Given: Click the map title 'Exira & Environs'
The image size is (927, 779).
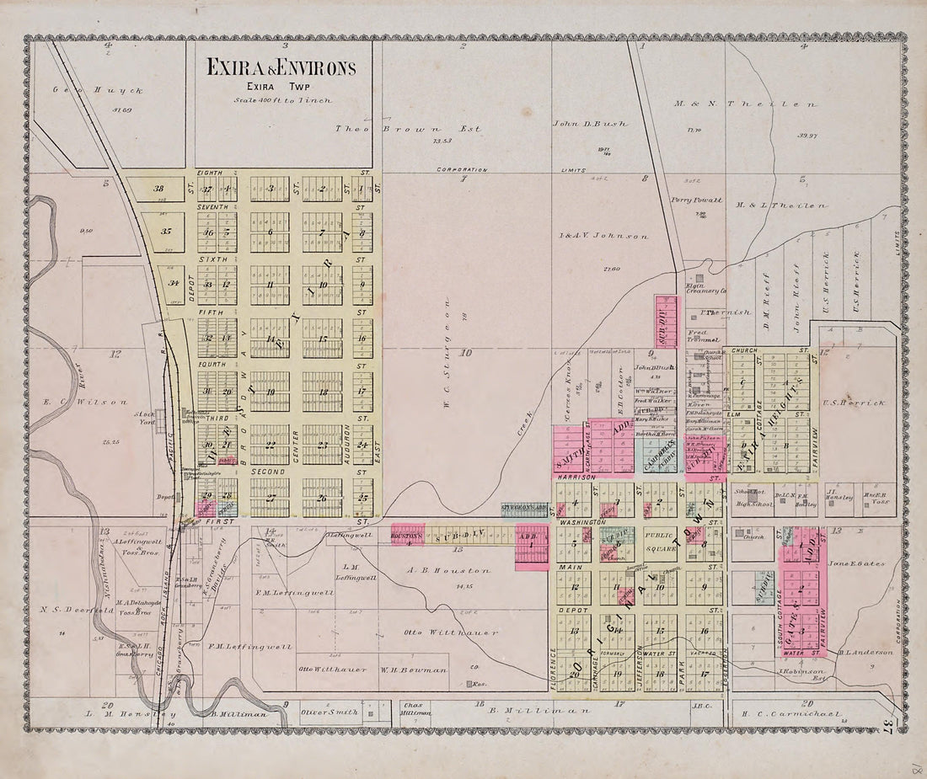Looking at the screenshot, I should click(x=281, y=68).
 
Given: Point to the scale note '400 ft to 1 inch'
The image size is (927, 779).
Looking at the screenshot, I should click(x=283, y=100).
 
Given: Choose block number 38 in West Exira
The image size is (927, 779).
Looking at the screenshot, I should click(x=157, y=189).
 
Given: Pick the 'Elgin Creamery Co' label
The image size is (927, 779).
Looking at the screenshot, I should click(x=705, y=291).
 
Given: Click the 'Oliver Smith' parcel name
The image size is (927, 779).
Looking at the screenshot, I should click(x=330, y=712).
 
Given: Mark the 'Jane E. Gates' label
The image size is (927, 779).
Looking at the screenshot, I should click(x=856, y=563).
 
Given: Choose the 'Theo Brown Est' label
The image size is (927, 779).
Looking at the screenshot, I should click(x=408, y=129).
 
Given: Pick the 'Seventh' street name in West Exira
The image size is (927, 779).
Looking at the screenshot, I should click(x=212, y=206).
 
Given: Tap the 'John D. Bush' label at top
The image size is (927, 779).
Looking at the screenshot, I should click(x=590, y=123).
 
